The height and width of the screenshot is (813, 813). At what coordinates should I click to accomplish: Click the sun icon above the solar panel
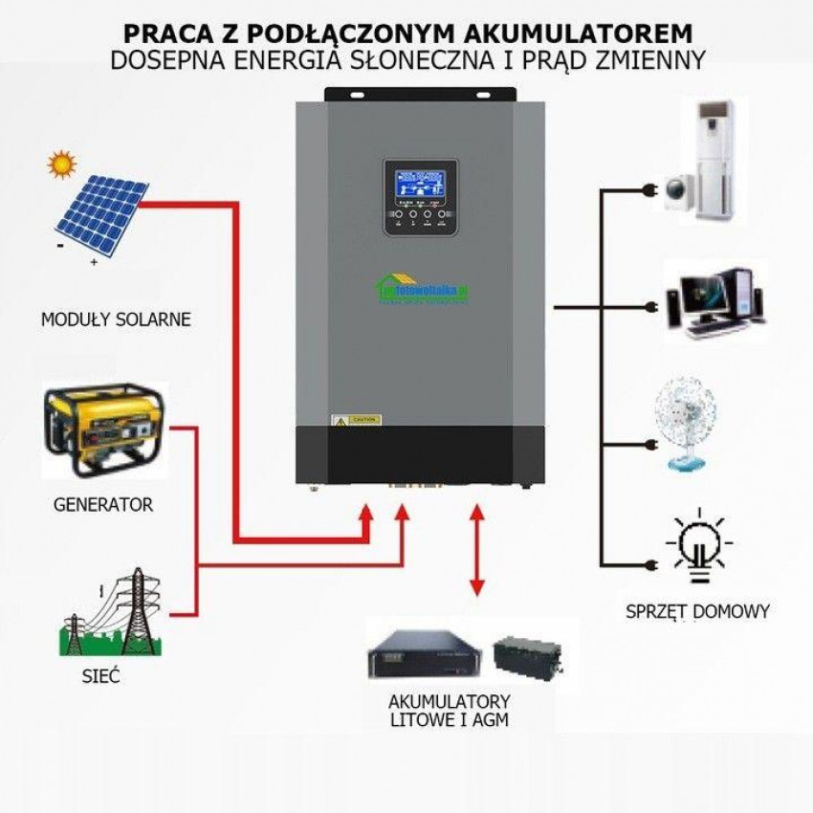pos(62,165)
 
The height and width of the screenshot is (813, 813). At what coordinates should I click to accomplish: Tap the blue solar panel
pos(100,215)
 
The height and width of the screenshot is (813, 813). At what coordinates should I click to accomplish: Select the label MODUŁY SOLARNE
pos(116,319)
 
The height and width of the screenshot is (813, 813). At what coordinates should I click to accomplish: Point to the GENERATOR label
pos(102,504)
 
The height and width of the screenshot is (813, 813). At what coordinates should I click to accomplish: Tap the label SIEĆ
pos(101,677)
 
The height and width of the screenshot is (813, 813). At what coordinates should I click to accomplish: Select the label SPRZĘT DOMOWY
pos(697,611)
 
